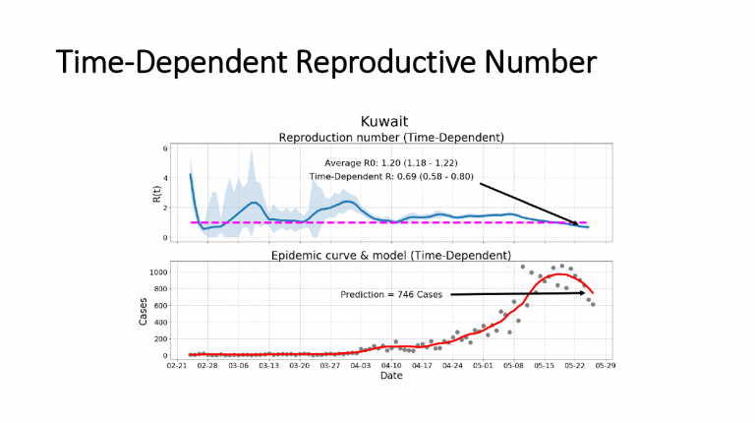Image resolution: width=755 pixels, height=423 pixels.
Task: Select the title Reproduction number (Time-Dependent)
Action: point(391,137)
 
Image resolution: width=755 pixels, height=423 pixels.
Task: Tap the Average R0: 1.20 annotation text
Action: point(392,161)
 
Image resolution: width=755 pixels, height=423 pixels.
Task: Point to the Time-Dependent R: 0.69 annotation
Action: point(392,176)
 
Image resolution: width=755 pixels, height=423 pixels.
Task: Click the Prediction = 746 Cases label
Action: point(391,294)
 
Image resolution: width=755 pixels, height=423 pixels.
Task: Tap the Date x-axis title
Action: point(391,376)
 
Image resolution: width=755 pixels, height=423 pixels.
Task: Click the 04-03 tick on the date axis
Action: point(360,364)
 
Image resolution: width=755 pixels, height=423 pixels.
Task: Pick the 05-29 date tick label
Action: point(605,364)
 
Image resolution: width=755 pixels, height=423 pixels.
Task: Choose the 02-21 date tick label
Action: point(176,364)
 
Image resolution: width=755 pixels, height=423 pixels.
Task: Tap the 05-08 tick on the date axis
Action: point(513,364)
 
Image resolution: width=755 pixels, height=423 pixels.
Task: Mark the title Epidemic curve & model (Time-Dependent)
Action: point(391,257)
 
